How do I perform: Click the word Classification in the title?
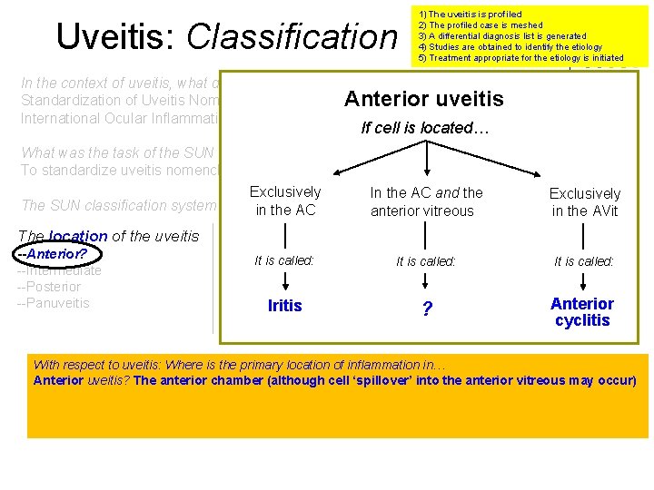(x=292, y=36)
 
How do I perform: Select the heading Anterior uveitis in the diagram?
(x=423, y=99)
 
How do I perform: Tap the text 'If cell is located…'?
(x=425, y=128)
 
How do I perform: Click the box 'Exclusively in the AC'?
(x=285, y=201)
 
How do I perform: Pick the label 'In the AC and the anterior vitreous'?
(x=426, y=201)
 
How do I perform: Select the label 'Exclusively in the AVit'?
(x=584, y=202)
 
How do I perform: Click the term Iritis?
(x=285, y=306)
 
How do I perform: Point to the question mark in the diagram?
(x=426, y=309)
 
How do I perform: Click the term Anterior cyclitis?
(x=582, y=312)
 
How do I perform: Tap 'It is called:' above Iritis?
(x=284, y=260)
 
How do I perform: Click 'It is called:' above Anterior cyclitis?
(x=583, y=260)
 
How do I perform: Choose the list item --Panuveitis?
(x=54, y=303)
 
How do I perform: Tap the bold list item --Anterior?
(x=52, y=254)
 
